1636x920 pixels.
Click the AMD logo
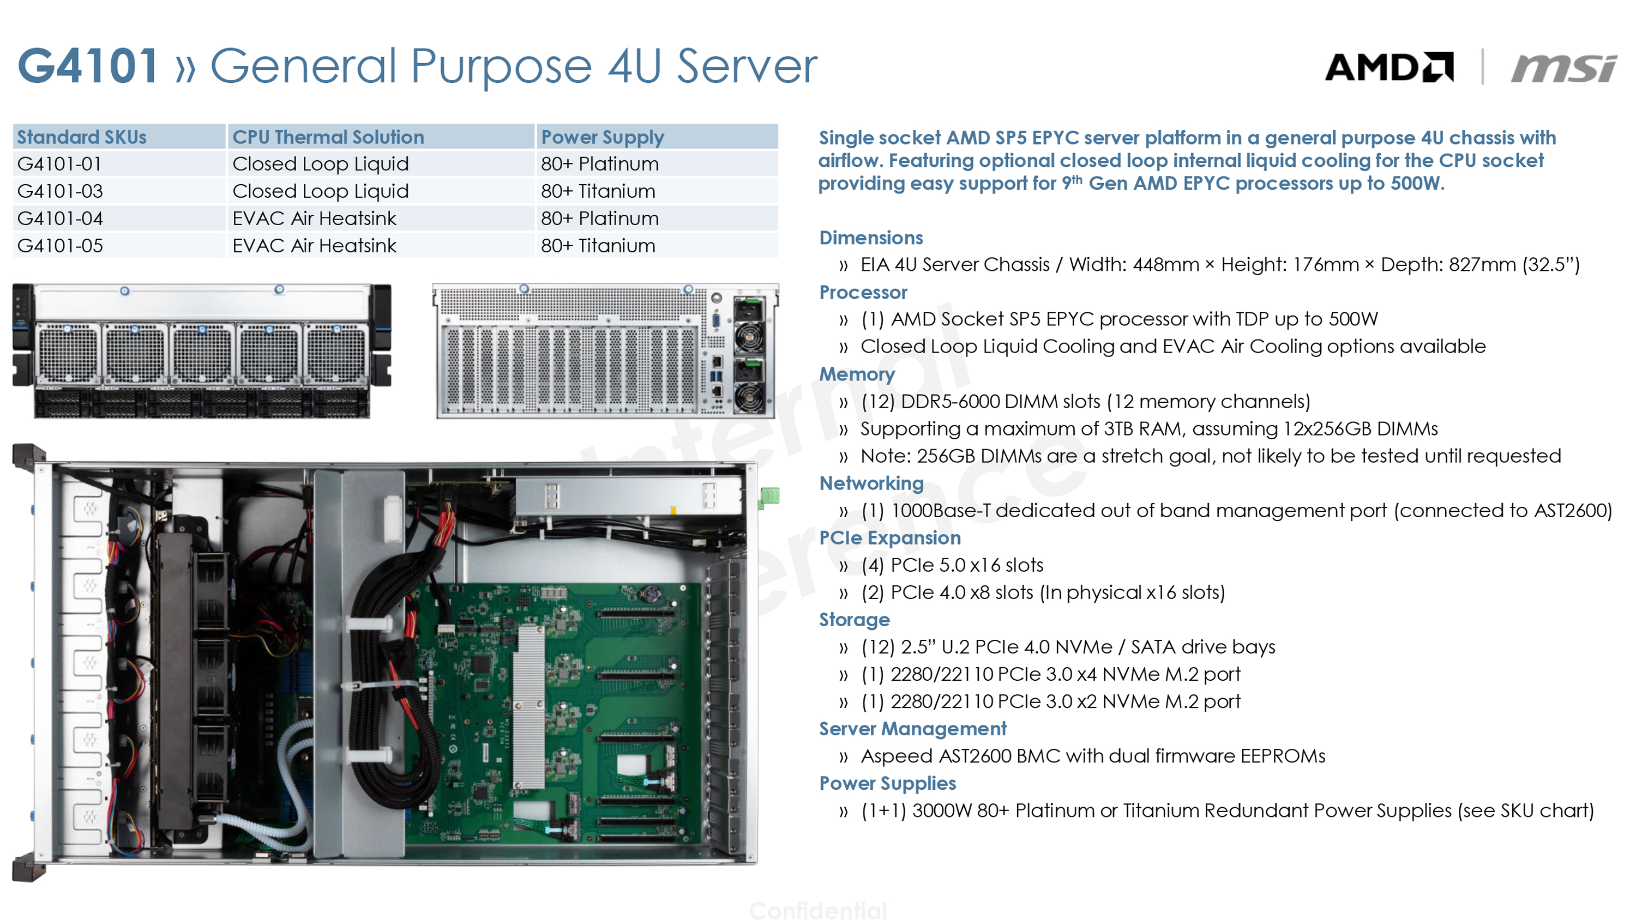point(1389,66)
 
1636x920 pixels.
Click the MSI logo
point(1563,68)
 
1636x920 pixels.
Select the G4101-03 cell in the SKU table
point(61,191)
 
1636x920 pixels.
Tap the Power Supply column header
point(602,137)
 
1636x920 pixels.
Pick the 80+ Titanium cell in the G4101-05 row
point(598,246)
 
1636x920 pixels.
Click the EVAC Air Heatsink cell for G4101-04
point(314,219)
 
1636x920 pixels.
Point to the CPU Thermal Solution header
point(328,137)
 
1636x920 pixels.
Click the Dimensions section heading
point(871,238)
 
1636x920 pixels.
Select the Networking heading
point(871,483)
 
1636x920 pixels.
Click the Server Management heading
point(912,729)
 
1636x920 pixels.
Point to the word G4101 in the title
point(88,65)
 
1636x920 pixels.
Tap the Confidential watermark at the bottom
point(818,910)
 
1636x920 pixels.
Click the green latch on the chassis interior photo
point(769,496)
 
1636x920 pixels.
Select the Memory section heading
point(857,374)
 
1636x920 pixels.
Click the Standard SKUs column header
point(81,137)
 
